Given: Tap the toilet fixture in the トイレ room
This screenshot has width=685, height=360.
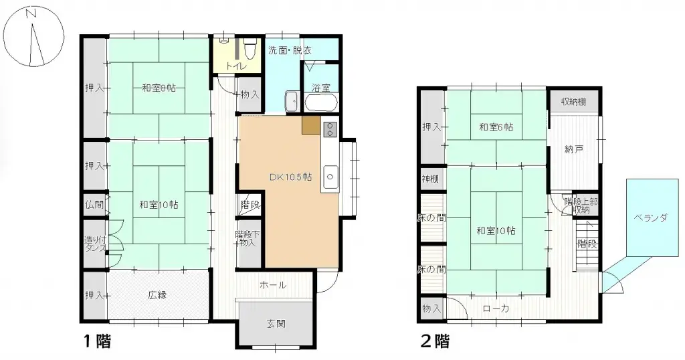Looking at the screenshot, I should click(250, 50).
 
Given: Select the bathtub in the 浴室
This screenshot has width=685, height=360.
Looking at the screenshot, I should click(321, 102).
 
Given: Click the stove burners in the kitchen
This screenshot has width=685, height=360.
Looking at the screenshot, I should click(330, 129).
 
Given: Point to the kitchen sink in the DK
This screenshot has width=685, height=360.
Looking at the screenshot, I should click(330, 177).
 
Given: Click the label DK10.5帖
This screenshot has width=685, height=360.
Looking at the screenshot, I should click(290, 177).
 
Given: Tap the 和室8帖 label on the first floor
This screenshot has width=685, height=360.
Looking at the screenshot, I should click(159, 88).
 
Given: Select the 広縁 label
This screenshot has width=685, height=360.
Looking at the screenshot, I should click(158, 294).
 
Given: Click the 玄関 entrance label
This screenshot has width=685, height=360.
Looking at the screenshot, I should click(276, 325).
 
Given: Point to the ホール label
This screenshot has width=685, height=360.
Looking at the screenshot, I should click(273, 285).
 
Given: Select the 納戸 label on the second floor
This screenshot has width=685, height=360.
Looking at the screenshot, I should click(574, 149).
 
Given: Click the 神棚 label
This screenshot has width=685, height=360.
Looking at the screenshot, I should click(430, 179).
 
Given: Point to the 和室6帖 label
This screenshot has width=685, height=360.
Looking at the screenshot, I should click(496, 126).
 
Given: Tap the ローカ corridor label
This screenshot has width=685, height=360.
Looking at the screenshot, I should click(496, 308).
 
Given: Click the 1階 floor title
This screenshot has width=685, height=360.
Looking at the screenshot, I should click(96, 341).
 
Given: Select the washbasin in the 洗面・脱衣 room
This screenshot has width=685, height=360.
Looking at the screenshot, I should click(292, 102).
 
